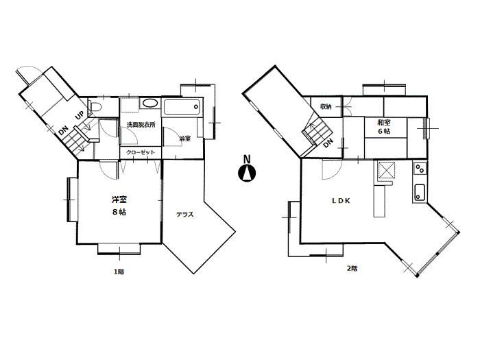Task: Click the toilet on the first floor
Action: (x=96, y=108)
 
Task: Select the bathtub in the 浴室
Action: (x=182, y=106)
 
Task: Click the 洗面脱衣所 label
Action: (x=141, y=125)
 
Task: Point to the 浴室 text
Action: (x=184, y=139)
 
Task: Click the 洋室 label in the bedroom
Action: (x=119, y=200)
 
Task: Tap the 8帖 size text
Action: (x=119, y=212)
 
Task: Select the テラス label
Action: (x=184, y=215)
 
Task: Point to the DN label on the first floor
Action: (x=64, y=130)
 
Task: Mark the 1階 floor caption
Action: (x=119, y=272)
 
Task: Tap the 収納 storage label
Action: (x=325, y=107)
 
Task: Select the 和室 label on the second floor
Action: (x=384, y=123)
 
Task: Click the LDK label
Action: (x=341, y=201)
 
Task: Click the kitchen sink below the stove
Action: (x=420, y=193)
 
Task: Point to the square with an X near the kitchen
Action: (x=387, y=169)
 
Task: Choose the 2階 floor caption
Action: (x=352, y=268)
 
